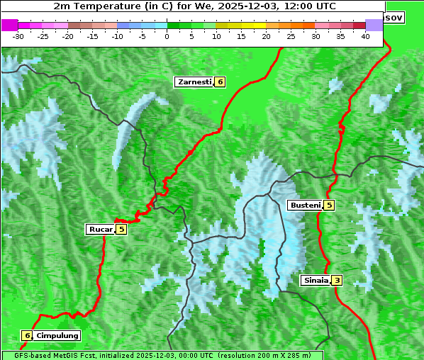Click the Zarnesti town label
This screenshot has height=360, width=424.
tap(194, 82)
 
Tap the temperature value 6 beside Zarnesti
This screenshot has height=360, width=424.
tap(220, 82)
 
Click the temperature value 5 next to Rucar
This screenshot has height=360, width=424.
tap(121, 229)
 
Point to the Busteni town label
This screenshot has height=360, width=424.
tap(305, 206)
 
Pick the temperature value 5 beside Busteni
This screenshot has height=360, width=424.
tap(329, 206)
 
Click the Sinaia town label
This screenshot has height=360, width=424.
tap(316, 280)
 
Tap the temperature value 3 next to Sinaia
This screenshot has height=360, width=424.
tap(337, 280)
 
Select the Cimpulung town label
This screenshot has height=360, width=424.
tap(57, 335)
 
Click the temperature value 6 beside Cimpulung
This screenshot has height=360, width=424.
tap(27, 335)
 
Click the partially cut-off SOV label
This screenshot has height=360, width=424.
tap(394, 17)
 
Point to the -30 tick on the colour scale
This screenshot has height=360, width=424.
tap(18, 35)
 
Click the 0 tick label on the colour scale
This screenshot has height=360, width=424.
tap(167, 35)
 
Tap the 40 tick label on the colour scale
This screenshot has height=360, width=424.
tap(365, 35)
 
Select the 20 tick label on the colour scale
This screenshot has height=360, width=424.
tap(266, 35)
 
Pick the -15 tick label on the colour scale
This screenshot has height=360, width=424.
tap(92, 35)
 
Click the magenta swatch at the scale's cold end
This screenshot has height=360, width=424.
tap(9, 25)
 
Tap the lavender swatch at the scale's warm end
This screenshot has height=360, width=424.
tap(374, 25)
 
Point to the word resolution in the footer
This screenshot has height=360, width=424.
tap(240, 355)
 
